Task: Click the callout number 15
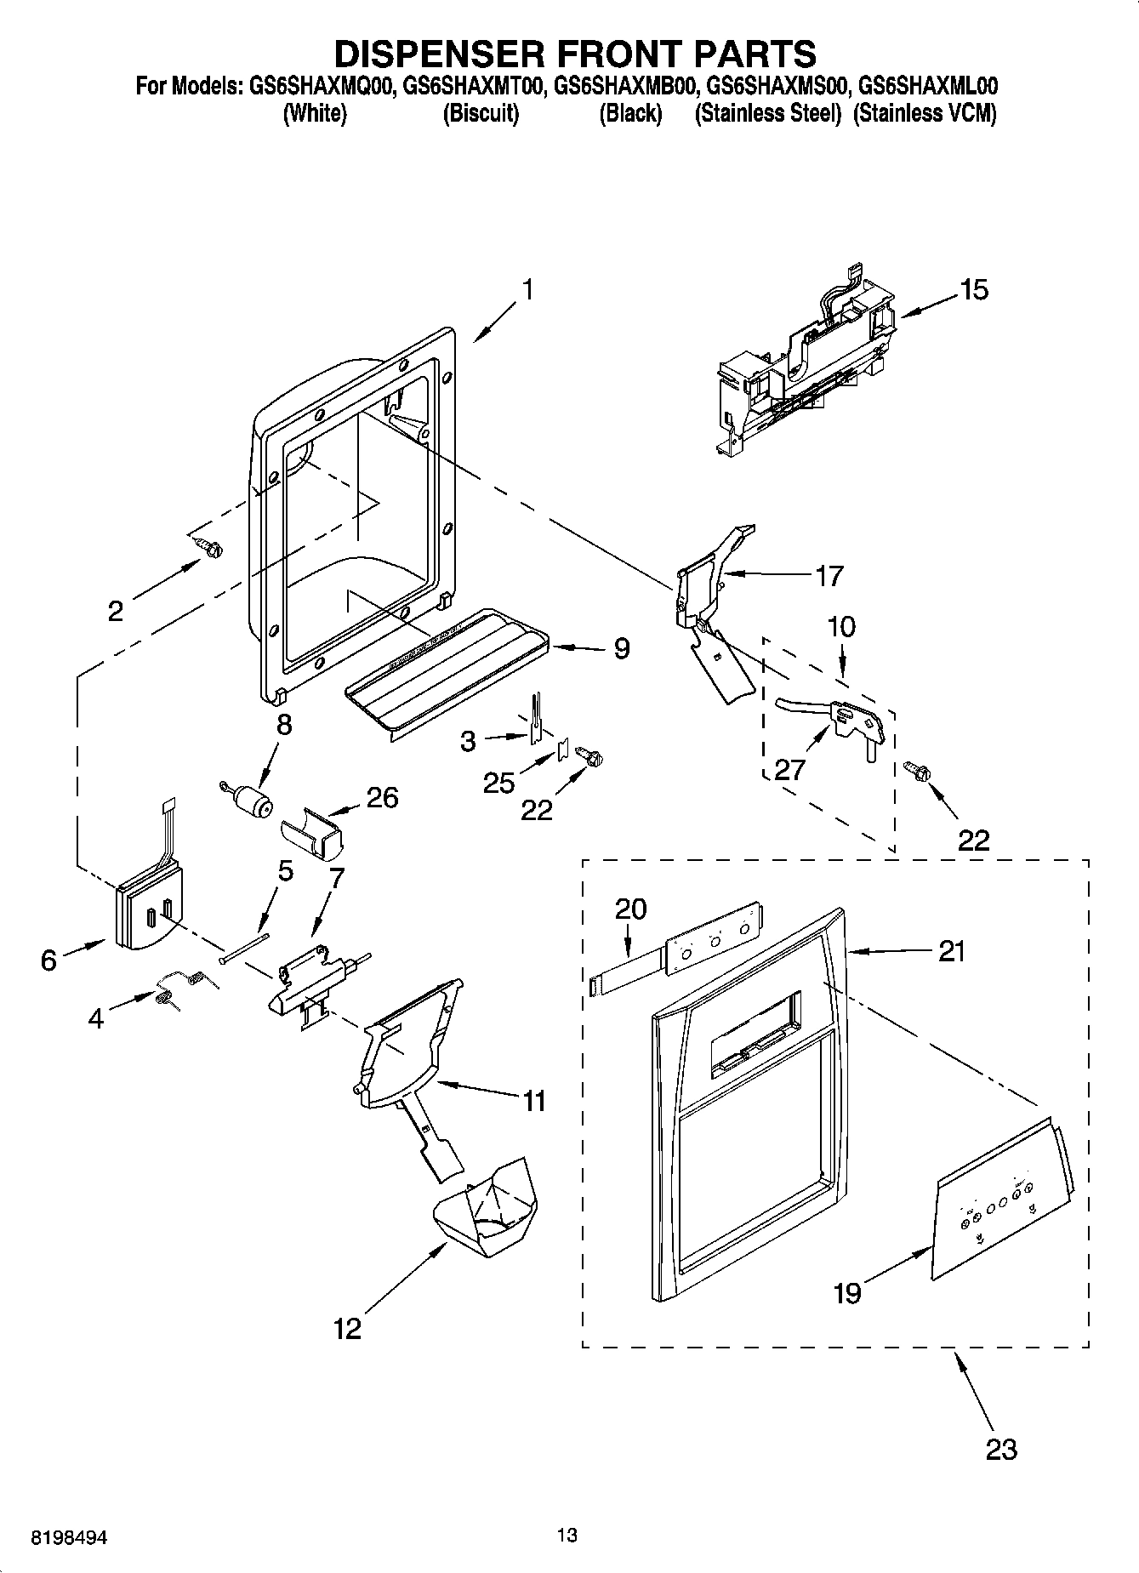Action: [x=974, y=290]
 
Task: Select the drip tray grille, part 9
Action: [x=451, y=666]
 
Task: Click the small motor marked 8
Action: [x=252, y=801]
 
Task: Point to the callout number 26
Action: [x=382, y=797]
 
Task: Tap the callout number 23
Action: [x=1000, y=1448]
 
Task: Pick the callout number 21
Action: [x=951, y=951]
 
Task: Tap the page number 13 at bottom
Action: [x=567, y=1536]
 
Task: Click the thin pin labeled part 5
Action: [x=244, y=948]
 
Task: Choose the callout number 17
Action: [x=829, y=576]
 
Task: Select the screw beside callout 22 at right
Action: [x=916, y=771]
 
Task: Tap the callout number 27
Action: [x=789, y=769]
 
